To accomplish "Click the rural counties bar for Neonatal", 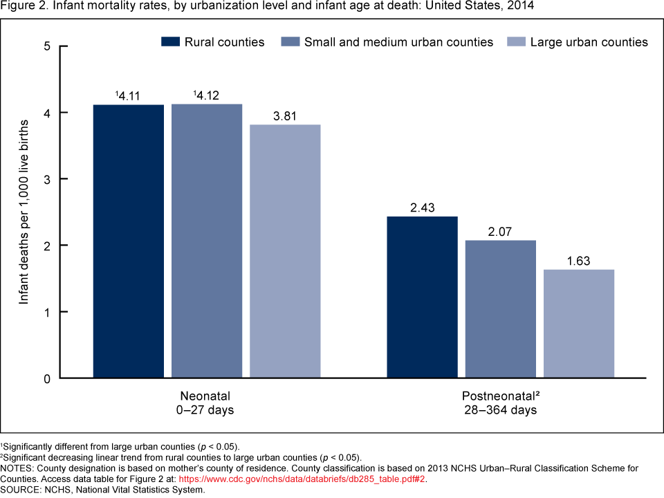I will tap(129, 241).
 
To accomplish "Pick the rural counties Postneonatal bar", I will tap(423, 297).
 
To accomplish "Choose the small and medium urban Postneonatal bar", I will tap(501, 309).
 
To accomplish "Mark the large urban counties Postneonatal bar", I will tap(579, 324).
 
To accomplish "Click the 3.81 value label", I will tap(285, 116).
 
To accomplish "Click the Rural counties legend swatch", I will tap(170, 42).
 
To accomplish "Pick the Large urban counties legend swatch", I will tap(516, 42).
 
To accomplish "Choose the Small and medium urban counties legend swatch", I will tap(290, 42).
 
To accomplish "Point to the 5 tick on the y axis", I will tap(46, 46).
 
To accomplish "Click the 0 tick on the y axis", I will tap(46, 378).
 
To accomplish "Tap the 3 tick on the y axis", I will tap(46, 179).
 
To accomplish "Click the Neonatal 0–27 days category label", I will tap(206, 403).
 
